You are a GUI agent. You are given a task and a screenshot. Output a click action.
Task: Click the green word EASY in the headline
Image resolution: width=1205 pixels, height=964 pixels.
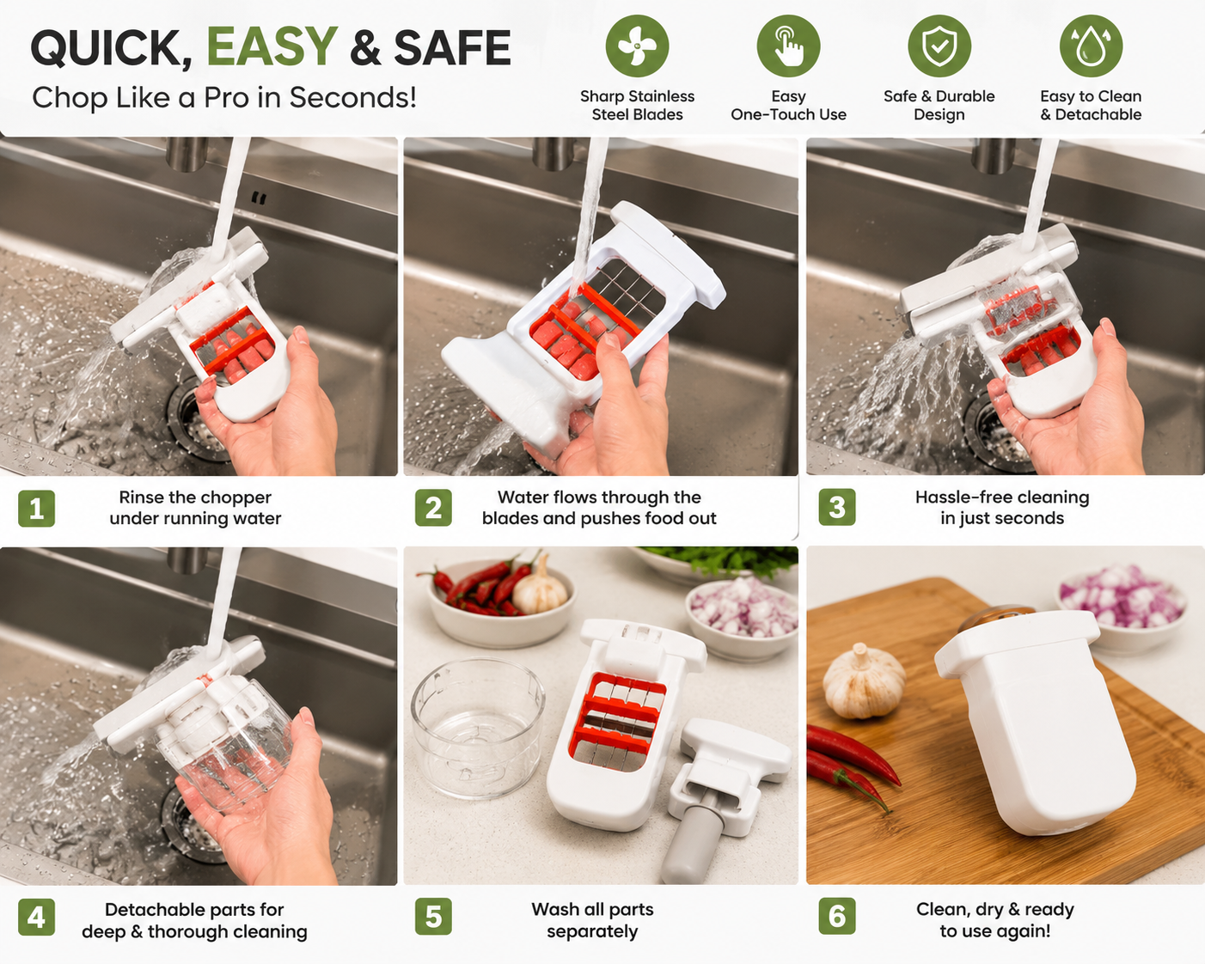click(272, 46)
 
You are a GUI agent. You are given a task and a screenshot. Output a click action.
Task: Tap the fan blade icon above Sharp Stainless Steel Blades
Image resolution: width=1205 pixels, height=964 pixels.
click(637, 46)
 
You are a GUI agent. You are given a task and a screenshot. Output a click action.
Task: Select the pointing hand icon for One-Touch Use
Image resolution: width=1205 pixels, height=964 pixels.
click(788, 46)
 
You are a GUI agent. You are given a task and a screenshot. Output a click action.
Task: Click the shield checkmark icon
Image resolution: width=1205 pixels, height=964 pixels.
click(939, 46)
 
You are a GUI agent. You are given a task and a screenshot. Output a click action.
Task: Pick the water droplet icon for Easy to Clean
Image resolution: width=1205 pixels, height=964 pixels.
click(1091, 46)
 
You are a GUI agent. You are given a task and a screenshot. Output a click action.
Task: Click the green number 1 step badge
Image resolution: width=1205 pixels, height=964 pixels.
click(36, 509)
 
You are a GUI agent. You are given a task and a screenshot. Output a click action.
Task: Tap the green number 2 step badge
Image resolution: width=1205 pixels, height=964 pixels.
click(433, 508)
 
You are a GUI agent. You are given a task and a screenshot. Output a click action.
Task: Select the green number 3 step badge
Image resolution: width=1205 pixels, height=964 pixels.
click(836, 507)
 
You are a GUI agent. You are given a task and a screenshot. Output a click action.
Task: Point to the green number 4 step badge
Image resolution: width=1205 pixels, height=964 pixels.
click(36, 917)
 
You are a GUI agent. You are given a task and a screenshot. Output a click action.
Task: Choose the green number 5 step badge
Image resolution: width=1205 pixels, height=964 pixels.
click(433, 917)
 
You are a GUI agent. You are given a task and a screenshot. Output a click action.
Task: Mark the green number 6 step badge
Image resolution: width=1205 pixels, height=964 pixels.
click(836, 916)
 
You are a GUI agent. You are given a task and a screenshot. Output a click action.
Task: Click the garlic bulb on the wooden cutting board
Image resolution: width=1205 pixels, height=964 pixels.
click(864, 682)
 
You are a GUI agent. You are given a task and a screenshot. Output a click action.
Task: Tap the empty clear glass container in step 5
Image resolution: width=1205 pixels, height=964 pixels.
click(478, 728)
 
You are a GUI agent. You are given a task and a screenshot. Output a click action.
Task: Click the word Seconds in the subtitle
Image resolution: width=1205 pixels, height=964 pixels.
click(352, 97)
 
